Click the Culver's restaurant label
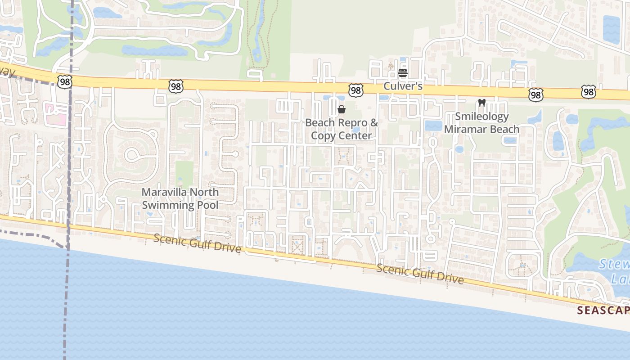(x=403, y=85)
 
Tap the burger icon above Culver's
(x=403, y=73)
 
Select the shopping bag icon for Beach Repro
(x=342, y=109)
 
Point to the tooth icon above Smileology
(x=481, y=103)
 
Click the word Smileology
(x=481, y=117)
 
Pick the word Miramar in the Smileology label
(x=466, y=129)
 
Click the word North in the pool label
(x=204, y=192)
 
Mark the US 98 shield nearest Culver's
(x=356, y=90)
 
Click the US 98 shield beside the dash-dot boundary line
(x=64, y=81)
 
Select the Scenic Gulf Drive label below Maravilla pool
(x=197, y=243)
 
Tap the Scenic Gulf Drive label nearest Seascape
(x=420, y=274)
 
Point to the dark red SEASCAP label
(x=603, y=310)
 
